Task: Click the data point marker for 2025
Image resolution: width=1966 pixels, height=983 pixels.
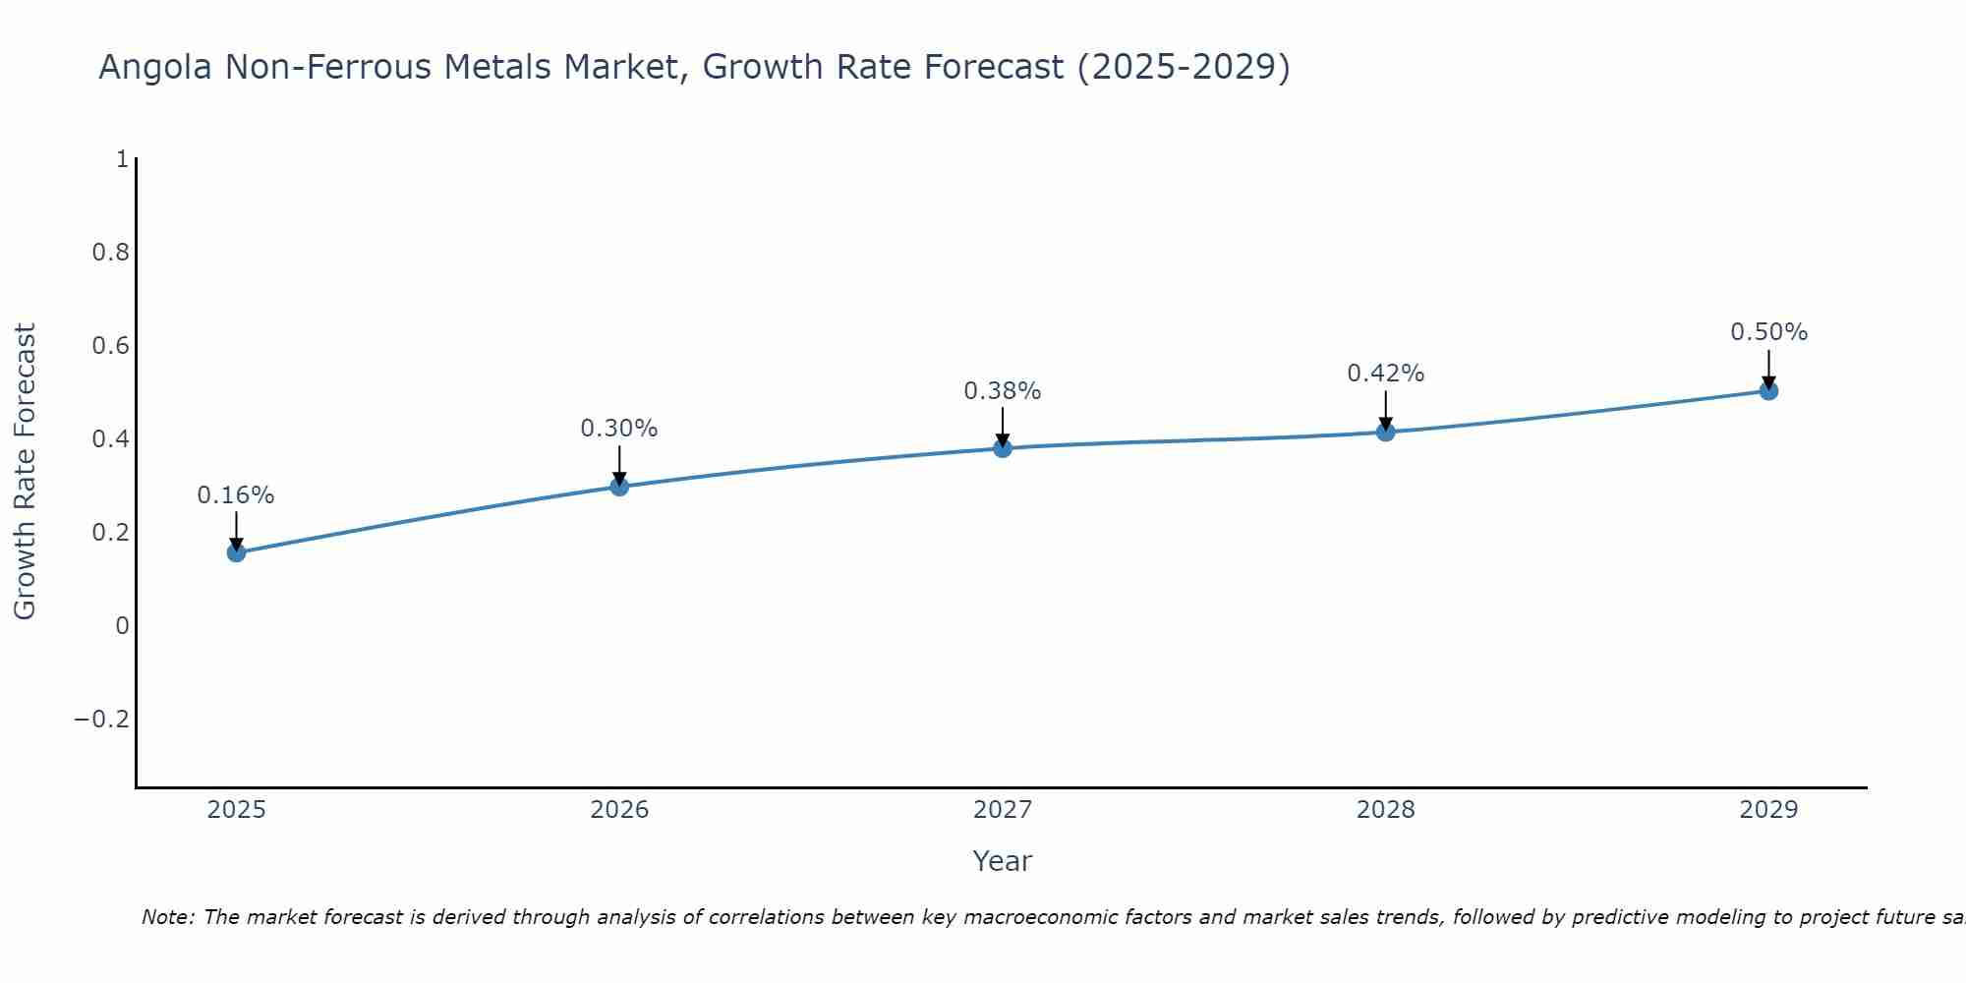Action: pyautogui.click(x=236, y=552)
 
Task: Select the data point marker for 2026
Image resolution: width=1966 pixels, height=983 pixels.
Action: pyautogui.click(x=619, y=486)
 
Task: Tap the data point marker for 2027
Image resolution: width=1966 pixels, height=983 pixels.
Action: pyautogui.click(x=1003, y=448)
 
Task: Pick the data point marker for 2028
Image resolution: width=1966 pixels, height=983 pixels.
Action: pyautogui.click(x=1386, y=432)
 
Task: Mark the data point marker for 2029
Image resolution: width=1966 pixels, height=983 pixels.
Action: pyautogui.click(x=1768, y=391)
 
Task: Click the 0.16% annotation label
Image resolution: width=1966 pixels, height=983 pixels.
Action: pyautogui.click(x=236, y=495)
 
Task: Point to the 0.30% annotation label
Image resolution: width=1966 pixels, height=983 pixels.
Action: pyautogui.click(x=619, y=429)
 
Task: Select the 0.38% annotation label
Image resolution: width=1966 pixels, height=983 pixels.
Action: pyautogui.click(x=1003, y=391)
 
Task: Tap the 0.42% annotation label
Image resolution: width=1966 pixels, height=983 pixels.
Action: pyautogui.click(x=1386, y=374)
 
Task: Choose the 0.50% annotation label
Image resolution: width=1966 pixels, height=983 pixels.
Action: pyautogui.click(x=1768, y=332)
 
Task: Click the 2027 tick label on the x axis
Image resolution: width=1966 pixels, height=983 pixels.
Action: pyautogui.click(x=1003, y=810)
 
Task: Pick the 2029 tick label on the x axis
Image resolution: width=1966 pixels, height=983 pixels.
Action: pyautogui.click(x=1768, y=810)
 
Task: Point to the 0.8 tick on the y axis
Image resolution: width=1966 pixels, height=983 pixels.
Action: pyautogui.click(x=110, y=253)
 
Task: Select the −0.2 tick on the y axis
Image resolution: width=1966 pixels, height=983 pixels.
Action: pyautogui.click(x=102, y=720)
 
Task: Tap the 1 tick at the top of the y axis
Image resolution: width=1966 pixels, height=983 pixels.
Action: pyautogui.click(x=122, y=159)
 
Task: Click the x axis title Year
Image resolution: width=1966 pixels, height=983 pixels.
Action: pyautogui.click(x=1003, y=861)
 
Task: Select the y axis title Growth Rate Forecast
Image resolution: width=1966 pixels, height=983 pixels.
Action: pyautogui.click(x=25, y=472)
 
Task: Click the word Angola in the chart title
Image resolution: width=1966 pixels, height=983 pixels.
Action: pyautogui.click(x=157, y=67)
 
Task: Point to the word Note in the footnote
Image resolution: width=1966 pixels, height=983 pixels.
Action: pyautogui.click(x=167, y=917)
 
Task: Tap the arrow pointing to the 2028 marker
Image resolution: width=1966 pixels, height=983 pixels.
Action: pyautogui.click(x=1386, y=409)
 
